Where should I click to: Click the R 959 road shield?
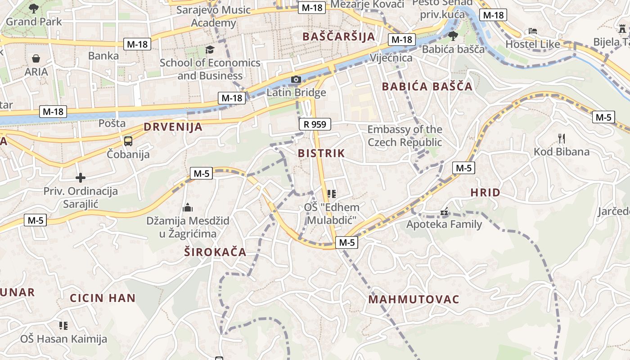tap(315, 124)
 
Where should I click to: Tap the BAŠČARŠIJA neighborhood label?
tap(339, 36)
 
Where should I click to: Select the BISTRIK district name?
tap(321, 153)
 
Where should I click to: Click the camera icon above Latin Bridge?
tap(296, 80)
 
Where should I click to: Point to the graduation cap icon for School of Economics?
tap(210, 49)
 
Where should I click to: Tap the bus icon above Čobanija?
tap(128, 141)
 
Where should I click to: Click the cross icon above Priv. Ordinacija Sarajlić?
tap(81, 178)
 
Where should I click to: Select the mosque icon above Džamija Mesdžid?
tap(188, 207)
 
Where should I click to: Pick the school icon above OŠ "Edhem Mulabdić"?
tap(332, 194)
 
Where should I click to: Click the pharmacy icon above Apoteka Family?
tap(444, 211)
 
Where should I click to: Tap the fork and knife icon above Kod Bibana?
tap(561, 138)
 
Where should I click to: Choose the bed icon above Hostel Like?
tap(533, 31)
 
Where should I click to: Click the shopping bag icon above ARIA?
tap(36, 58)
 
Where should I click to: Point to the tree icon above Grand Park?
tap(33, 8)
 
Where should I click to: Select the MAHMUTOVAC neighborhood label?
tap(414, 299)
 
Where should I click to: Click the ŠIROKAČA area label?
tap(215, 252)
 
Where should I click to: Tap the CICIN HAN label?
tap(103, 298)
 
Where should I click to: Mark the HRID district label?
tap(485, 193)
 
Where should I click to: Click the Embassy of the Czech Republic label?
tap(405, 136)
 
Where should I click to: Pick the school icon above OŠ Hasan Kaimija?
tap(63, 325)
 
